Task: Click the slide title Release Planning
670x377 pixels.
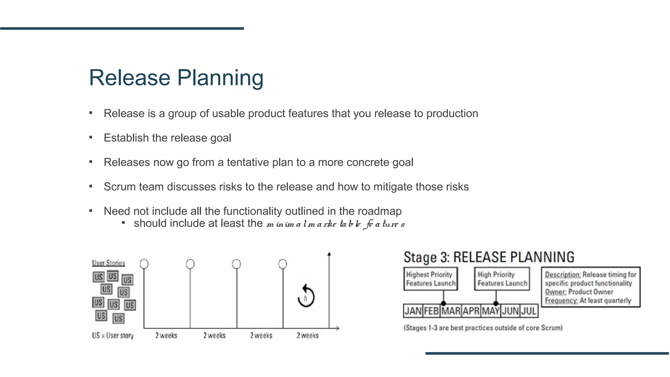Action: pos(176,78)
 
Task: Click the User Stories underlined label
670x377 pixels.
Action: pos(108,263)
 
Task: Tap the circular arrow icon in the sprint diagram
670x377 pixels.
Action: pos(306,296)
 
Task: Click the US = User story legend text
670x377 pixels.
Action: pos(113,335)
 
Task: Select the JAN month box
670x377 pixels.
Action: pos(413,311)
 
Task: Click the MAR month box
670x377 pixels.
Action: pos(451,311)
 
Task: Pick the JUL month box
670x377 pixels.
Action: pos(529,311)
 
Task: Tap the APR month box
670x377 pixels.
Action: pos(471,311)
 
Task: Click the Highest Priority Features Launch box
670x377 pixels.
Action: pos(431,279)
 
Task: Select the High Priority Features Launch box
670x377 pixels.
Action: pos(502,279)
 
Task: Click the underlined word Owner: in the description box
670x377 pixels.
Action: pos(555,292)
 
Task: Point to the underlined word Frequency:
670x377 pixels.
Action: pos(561,300)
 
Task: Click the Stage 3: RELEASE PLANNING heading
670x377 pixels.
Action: pos(489,257)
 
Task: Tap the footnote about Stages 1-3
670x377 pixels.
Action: pos(483,328)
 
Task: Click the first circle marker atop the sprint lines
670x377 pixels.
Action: pos(144,264)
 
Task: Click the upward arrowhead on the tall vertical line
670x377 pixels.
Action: pos(329,254)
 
